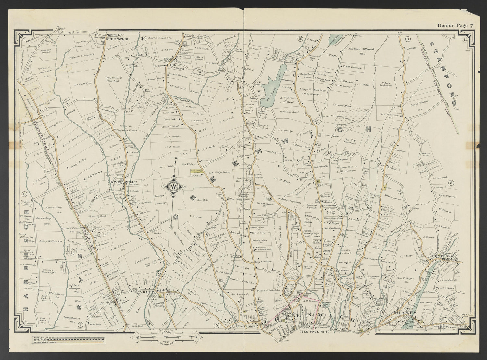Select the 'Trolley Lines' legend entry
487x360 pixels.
point(41,337)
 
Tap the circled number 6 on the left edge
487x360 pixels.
point(24,194)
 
